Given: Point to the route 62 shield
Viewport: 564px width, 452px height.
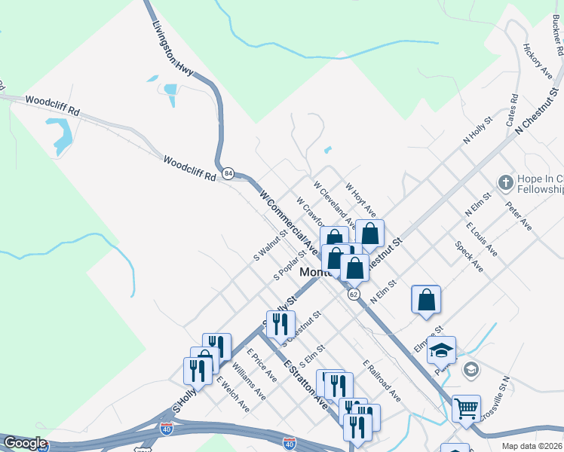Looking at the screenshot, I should click(x=354, y=294).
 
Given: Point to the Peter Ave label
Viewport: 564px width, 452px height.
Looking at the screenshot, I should click(x=519, y=215).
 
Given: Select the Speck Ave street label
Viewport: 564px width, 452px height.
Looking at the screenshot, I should click(x=469, y=256).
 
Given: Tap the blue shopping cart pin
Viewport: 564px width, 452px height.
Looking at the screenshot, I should click(x=466, y=409).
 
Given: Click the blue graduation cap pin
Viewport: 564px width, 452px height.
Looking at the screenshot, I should click(x=441, y=350).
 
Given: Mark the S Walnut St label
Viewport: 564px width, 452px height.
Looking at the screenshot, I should click(x=271, y=245).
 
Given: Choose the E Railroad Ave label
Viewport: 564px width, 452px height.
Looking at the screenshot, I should click(x=382, y=380).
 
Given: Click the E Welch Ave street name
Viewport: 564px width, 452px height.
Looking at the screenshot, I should click(x=233, y=393).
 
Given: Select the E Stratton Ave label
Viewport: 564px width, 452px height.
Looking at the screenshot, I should click(x=306, y=384).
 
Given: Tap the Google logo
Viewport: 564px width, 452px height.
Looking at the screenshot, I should click(x=26, y=443).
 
